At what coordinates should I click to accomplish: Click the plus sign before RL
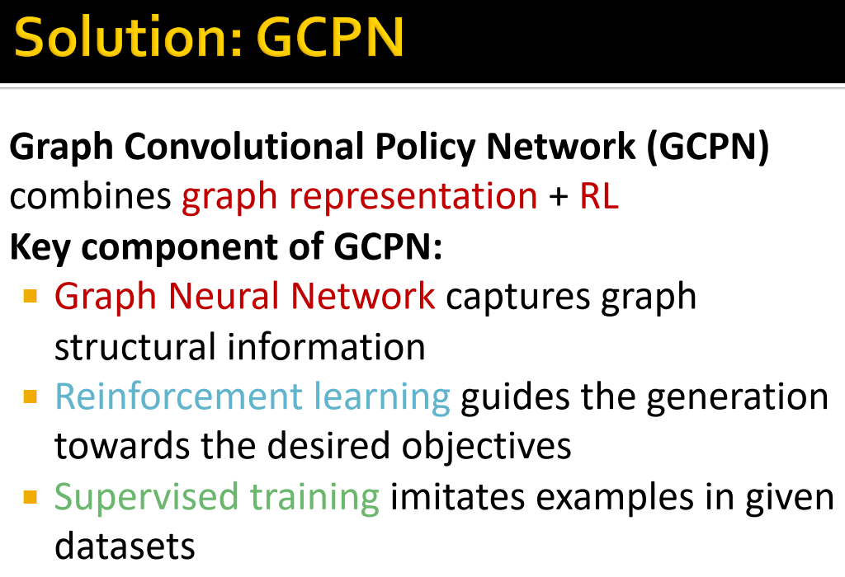click(x=559, y=197)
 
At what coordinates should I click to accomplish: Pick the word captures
click(x=518, y=297)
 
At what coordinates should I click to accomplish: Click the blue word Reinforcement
click(x=178, y=396)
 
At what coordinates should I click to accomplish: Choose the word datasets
click(x=125, y=547)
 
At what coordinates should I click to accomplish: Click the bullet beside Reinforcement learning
click(x=31, y=396)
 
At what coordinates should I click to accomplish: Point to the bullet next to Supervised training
click(x=31, y=497)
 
